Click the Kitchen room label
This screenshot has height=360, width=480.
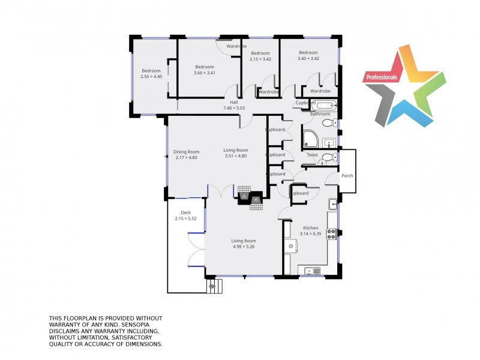(310, 228)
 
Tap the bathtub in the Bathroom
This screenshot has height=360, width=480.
(326, 106)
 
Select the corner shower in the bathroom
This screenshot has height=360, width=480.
(310, 139)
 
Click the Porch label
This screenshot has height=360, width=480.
(347, 176)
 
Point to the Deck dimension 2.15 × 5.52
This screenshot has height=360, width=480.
(186, 218)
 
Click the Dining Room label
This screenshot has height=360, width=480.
(187, 152)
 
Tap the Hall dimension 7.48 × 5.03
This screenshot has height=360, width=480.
(234, 108)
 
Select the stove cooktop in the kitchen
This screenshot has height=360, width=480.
(332, 234)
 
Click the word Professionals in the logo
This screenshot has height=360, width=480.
(382, 77)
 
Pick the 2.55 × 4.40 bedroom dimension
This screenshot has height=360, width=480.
(151, 77)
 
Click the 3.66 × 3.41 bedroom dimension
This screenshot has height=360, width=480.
(205, 73)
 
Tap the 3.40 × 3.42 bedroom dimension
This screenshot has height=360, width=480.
(308, 58)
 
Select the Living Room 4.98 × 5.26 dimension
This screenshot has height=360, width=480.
(244, 247)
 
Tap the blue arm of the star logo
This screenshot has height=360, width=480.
(410, 113)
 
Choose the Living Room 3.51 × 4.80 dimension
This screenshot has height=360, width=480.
(236, 156)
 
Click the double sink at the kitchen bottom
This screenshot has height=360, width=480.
(312, 271)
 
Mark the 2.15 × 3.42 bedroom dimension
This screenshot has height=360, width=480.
(260, 59)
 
